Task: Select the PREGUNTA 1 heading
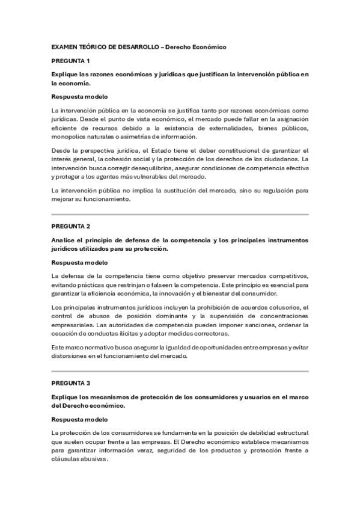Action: tap(70, 61)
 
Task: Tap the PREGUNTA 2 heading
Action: tap(70, 226)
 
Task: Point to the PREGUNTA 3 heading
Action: tap(70, 382)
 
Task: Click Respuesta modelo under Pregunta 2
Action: tap(79, 262)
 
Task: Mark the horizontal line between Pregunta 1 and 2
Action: tap(180, 215)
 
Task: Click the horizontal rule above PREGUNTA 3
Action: tap(180, 371)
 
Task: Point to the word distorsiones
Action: tap(70, 356)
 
